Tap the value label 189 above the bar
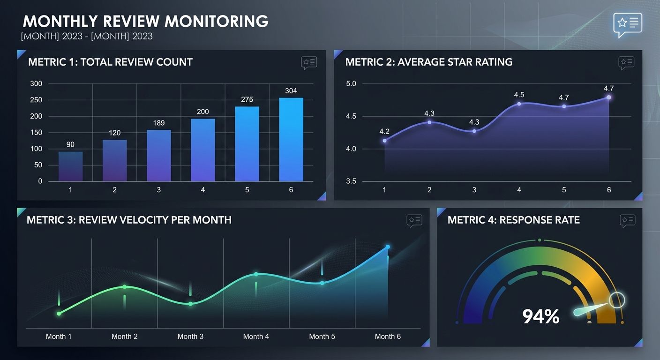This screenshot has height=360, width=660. coord(158,123)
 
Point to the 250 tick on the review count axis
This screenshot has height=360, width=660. coord(37,100)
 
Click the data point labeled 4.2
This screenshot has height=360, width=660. coord(384,141)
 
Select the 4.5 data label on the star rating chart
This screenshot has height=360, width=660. coord(519,95)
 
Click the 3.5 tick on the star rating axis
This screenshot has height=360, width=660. coord(351,181)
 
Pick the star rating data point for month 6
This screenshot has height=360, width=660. coord(608,97)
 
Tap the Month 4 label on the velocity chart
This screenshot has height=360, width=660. coord(256,336)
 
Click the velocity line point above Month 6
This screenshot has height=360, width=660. coord(388,247)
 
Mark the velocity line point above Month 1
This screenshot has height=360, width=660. coord(59,314)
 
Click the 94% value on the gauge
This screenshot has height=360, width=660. coord(540,317)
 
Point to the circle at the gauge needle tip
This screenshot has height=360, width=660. coord(617,300)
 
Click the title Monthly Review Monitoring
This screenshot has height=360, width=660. coord(145,21)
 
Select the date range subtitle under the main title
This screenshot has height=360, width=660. coord(87,36)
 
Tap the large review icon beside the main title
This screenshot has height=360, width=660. coord(627,24)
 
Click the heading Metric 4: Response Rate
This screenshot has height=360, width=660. coord(513,220)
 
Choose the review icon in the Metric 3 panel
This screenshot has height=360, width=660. coord(414,220)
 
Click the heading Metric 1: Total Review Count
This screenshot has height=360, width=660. coord(110,62)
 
